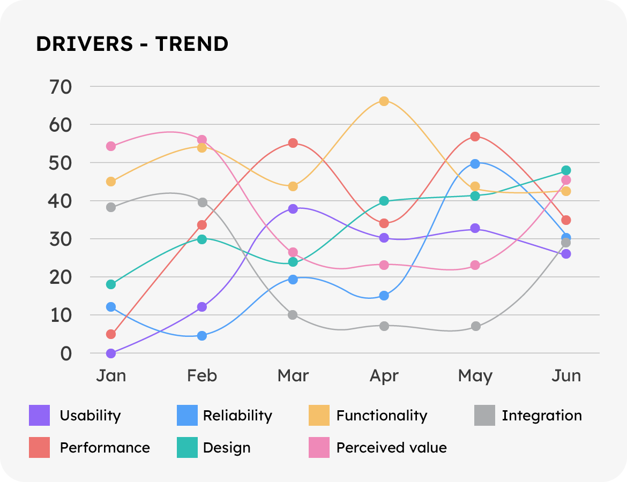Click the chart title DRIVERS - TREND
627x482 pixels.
click(132, 44)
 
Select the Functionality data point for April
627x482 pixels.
click(384, 101)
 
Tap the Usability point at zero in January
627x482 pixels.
click(111, 353)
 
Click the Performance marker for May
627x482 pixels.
click(475, 137)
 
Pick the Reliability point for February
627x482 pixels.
click(202, 336)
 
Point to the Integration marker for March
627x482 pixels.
click(293, 315)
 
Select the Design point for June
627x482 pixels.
click(566, 170)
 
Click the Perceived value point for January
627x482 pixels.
click(111, 146)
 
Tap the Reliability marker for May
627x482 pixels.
click(475, 164)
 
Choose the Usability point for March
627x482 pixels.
click(293, 208)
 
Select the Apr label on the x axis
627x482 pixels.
click(384, 376)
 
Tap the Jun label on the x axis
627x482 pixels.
click(566, 376)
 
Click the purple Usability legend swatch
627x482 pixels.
click(39, 416)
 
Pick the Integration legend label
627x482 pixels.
click(541, 416)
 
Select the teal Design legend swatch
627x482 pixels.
click(187, 448)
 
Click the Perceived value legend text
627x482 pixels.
click(391, 448)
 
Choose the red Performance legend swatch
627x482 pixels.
click(39, 448)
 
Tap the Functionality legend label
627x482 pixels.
click(382, 416)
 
